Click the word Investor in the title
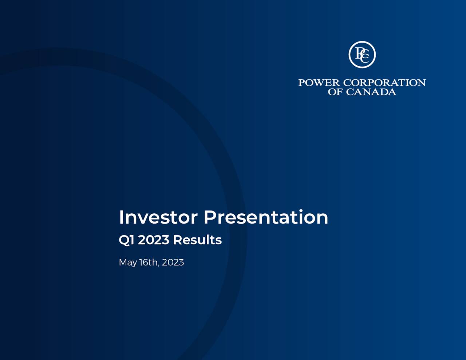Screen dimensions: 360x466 [x=158, y=217]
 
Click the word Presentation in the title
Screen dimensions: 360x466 [x=266, y=217]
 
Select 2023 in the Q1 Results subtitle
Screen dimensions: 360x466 [x=153, y=240]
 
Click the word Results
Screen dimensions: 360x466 [x=197, y=240]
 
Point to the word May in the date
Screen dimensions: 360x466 [x=127, y=263]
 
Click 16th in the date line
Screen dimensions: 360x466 [x=148, y=262]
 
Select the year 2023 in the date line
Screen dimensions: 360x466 [x=173, y=262]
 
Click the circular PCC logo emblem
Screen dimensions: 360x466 [x=362, y=55]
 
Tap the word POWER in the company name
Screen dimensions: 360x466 [x=319, y=83]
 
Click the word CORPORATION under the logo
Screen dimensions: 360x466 [x=384, y=83]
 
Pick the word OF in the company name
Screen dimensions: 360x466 [x=335, y=92]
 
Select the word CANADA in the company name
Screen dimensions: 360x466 [x=371, y=92]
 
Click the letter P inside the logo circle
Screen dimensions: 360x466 [x=359, y=52]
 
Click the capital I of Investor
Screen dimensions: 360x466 [x=121, y=217]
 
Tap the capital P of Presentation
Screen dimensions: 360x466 [x=210, y=217]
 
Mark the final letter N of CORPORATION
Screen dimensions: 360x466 [x=421, y=83]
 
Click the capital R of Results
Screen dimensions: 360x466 [x=177, y=240]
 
